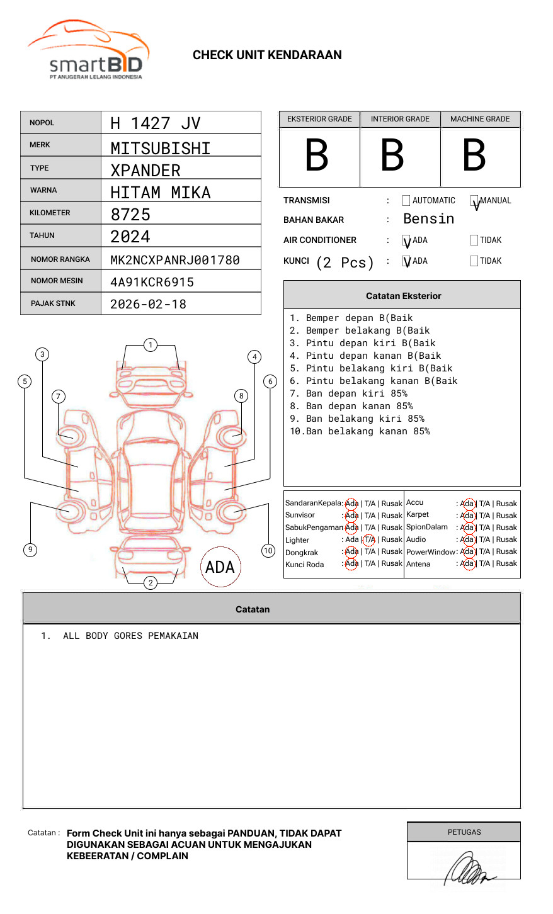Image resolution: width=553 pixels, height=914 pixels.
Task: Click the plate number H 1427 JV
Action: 155,123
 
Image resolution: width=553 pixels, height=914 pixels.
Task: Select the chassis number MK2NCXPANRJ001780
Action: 174,260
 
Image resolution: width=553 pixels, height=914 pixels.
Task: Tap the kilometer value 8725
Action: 130,215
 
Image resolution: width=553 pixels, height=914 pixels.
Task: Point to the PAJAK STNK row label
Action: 52,303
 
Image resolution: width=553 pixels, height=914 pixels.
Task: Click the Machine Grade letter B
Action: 474,155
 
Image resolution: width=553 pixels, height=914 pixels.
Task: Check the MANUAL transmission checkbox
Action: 475,201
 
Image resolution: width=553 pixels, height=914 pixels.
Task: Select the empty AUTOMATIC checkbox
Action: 406,201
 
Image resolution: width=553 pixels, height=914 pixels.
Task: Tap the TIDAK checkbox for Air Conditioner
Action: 474,240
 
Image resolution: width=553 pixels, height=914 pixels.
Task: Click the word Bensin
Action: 428,219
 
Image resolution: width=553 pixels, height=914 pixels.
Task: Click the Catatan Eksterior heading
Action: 403,296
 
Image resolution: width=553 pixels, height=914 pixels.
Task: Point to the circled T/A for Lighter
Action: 369,539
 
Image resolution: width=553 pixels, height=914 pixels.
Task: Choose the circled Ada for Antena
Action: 467,564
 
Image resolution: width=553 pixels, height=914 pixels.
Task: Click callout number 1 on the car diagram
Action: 150,345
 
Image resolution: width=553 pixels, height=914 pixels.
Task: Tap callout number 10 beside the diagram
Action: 268,551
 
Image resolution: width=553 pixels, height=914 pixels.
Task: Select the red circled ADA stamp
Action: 220,567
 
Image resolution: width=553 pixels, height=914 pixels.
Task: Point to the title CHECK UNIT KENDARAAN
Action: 267,55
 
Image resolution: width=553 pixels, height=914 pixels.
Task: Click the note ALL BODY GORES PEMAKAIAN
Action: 130,636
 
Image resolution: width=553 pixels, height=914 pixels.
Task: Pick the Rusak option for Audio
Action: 506,539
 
